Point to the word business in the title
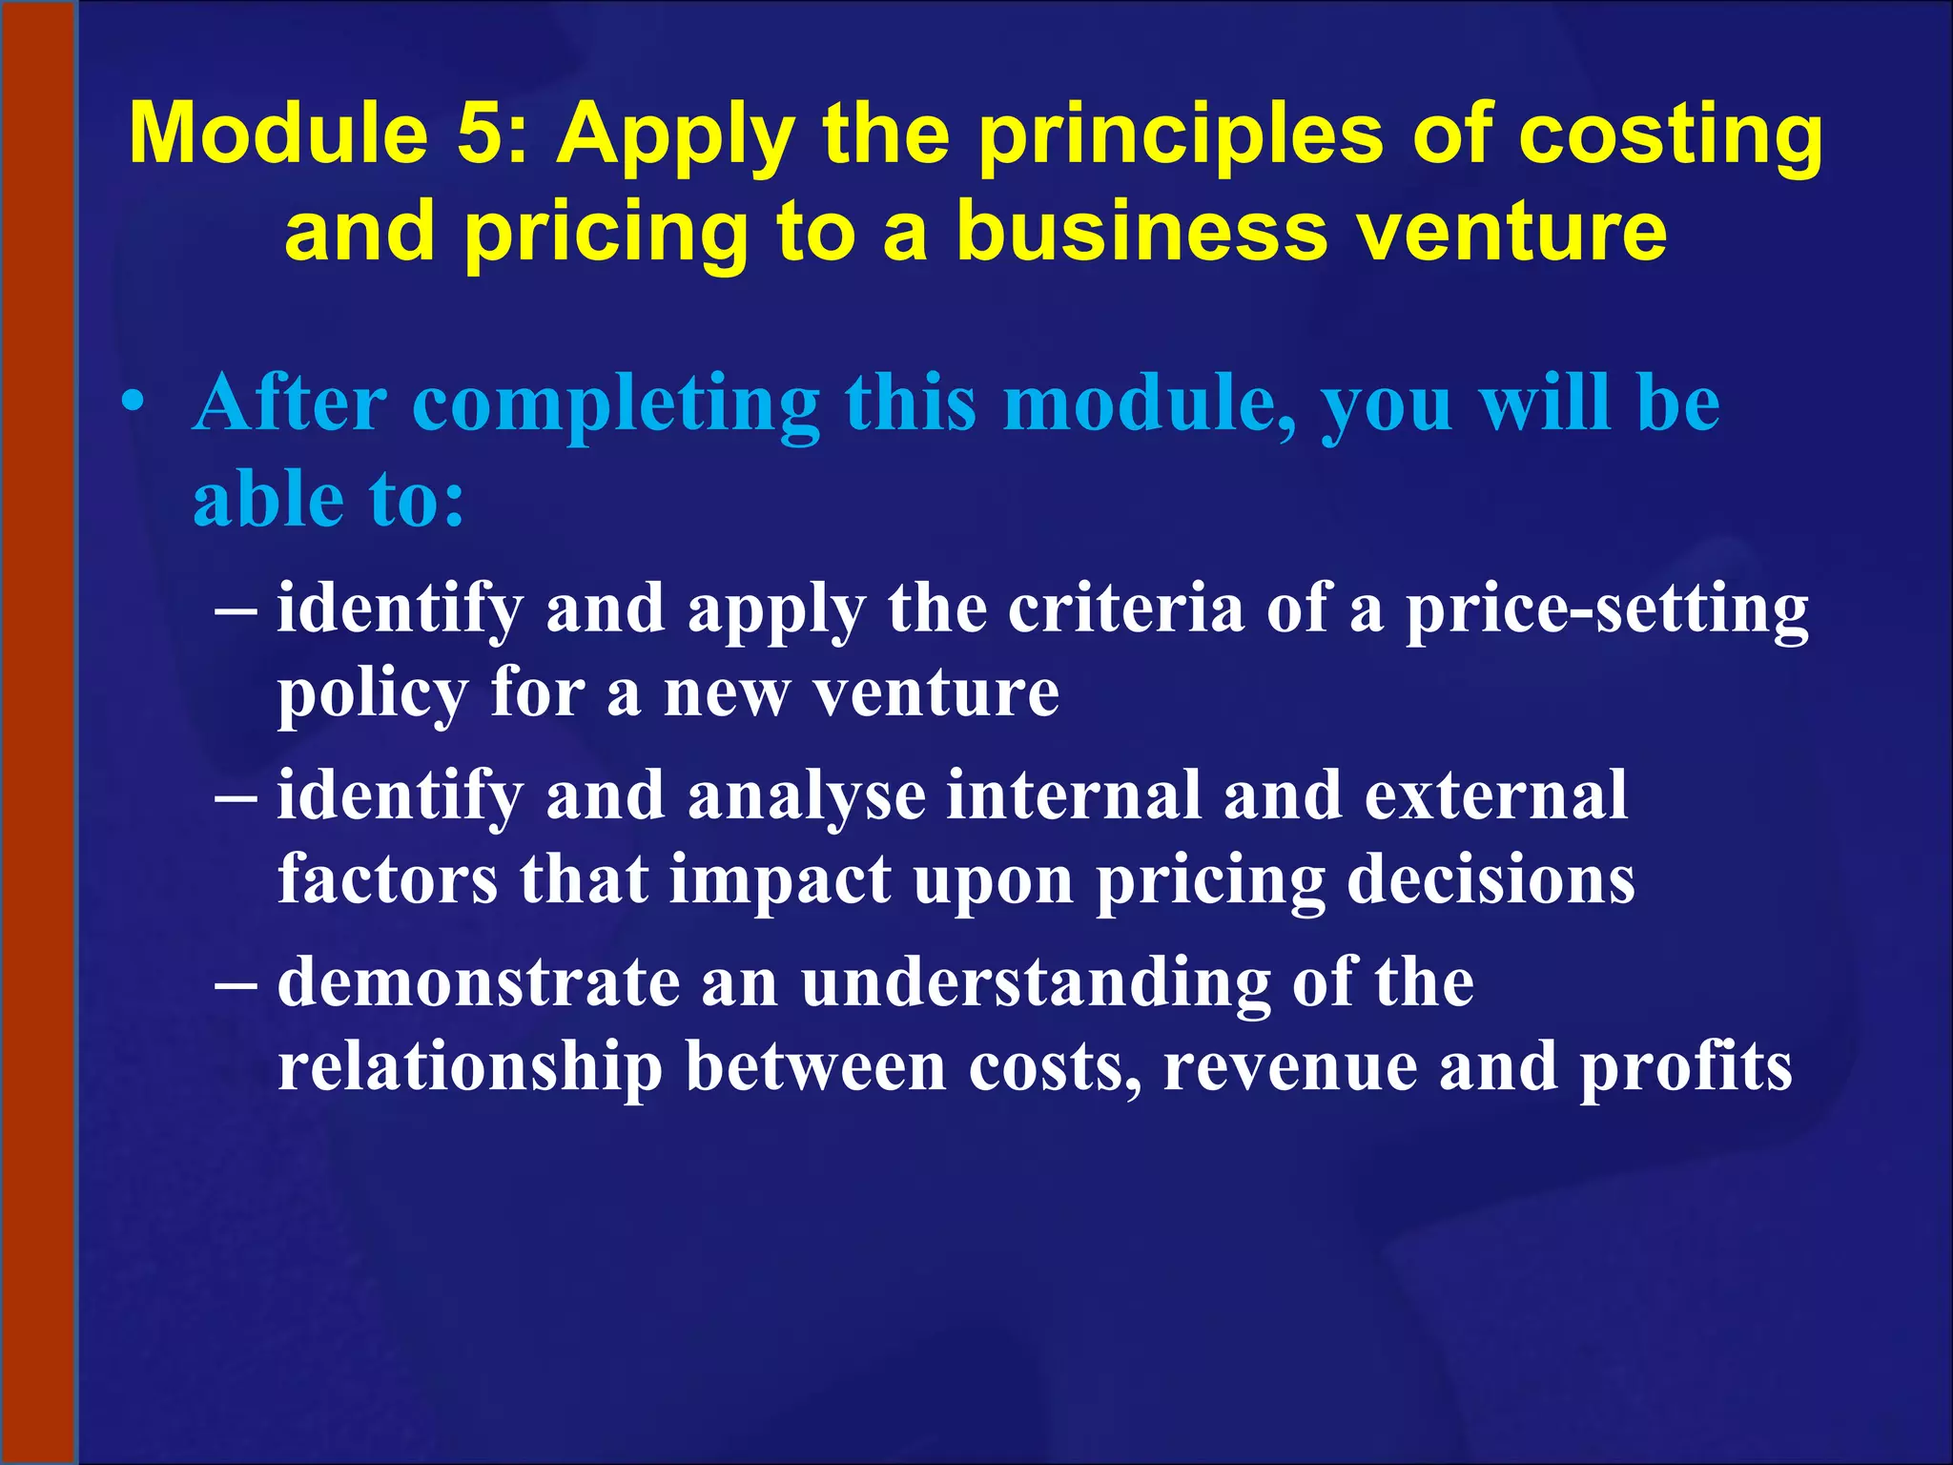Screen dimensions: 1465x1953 (x=1141, y=232)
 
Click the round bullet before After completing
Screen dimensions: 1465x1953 (x=134, y=405)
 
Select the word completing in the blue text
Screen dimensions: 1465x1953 (x=615, y=405)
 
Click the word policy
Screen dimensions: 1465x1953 (x=372, y=694)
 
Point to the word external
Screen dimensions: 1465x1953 (x=1495, y=794)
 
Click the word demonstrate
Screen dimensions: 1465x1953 (x=479, y=982)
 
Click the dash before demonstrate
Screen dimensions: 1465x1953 (x=236, y=984)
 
